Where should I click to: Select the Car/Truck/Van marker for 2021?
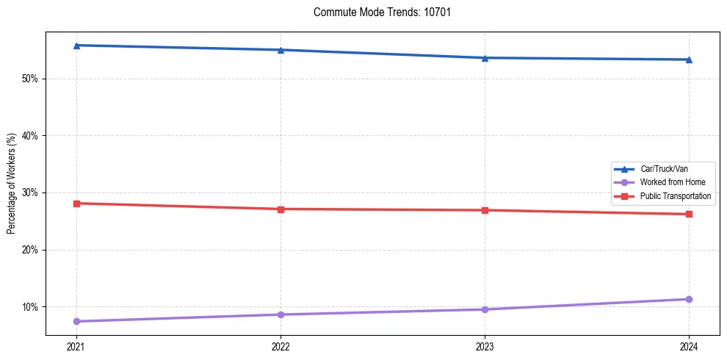pos(76,46)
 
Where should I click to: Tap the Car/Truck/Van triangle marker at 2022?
pos(281,50)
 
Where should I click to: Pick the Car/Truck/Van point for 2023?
pos(485,58)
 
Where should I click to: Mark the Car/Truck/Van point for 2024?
pos(689,60)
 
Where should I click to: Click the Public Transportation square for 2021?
pos(76,204)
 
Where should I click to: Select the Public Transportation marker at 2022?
pos(281,209)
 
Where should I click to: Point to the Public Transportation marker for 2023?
pos(485,210)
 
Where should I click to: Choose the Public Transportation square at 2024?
pos(689,215)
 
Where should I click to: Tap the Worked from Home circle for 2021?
pos(76,321)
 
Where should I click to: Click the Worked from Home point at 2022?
pos(281,314)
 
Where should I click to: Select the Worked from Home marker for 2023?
pos(485,309)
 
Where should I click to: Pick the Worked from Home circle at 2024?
pos(689,299)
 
